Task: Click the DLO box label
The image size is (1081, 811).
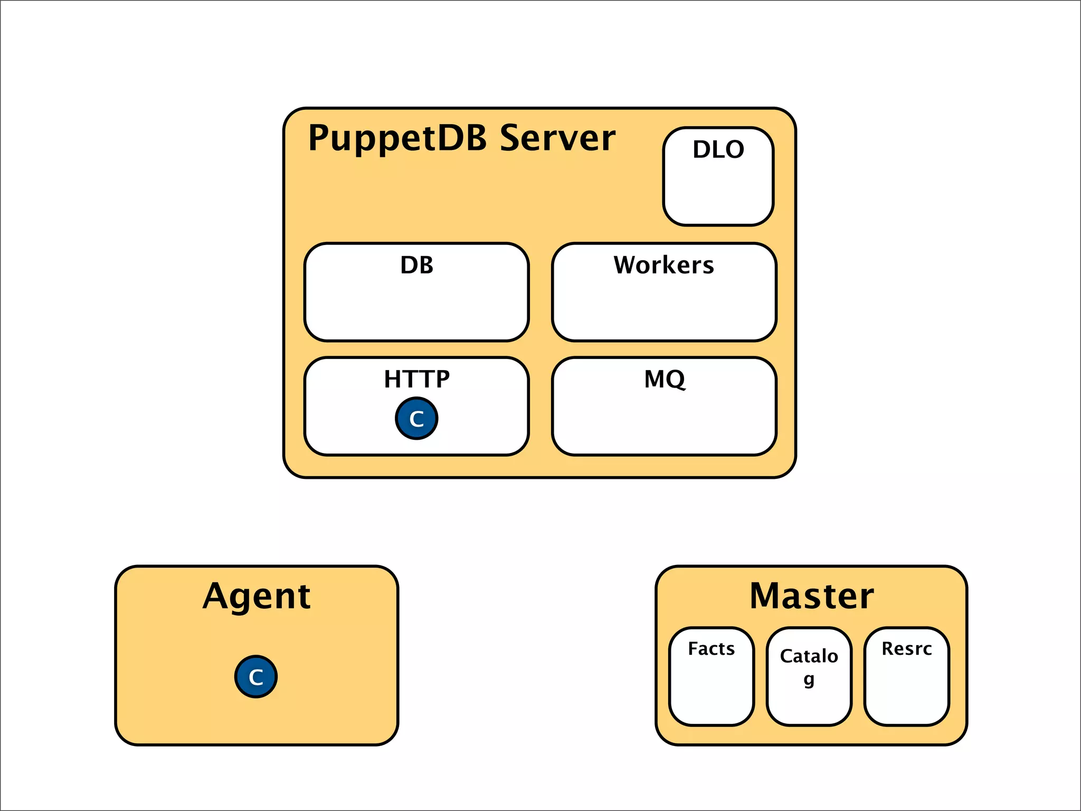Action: click(718, 149)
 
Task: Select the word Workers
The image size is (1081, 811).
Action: click(663, 265)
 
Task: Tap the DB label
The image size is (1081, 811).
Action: click(416, 265)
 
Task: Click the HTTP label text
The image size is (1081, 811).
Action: click(416, 379)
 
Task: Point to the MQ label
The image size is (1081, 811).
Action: click(664, 379)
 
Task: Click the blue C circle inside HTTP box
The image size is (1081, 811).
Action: click(416, 419)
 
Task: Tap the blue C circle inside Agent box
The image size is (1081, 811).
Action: click(256, 677)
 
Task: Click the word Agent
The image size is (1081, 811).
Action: click(257, 597)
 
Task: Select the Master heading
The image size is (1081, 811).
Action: click(811, 597)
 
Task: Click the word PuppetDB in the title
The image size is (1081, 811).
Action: click(397, 138)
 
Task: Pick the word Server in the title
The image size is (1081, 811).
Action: click(557, 138)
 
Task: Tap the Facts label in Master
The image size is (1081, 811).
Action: click(711, 648)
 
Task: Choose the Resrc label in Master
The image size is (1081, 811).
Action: click(906, 648)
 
